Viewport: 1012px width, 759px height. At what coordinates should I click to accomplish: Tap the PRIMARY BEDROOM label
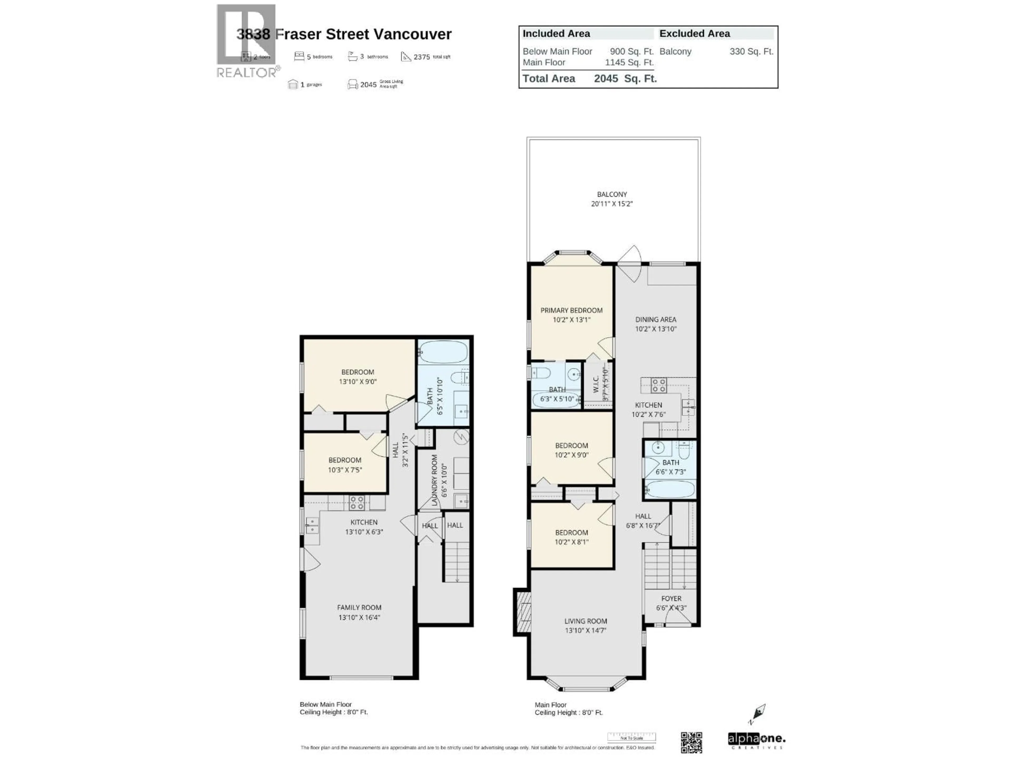[571, 310]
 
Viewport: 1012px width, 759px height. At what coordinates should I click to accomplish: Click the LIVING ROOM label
[586, 621]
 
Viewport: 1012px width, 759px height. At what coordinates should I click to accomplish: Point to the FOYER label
[671, 599]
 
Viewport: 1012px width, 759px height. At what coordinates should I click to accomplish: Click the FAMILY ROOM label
[359, 607]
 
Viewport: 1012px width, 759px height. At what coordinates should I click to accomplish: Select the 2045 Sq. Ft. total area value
[625, 79]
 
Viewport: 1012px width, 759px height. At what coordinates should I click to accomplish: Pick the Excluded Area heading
[694, 34]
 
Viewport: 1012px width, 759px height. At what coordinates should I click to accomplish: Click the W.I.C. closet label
[596, 384]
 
